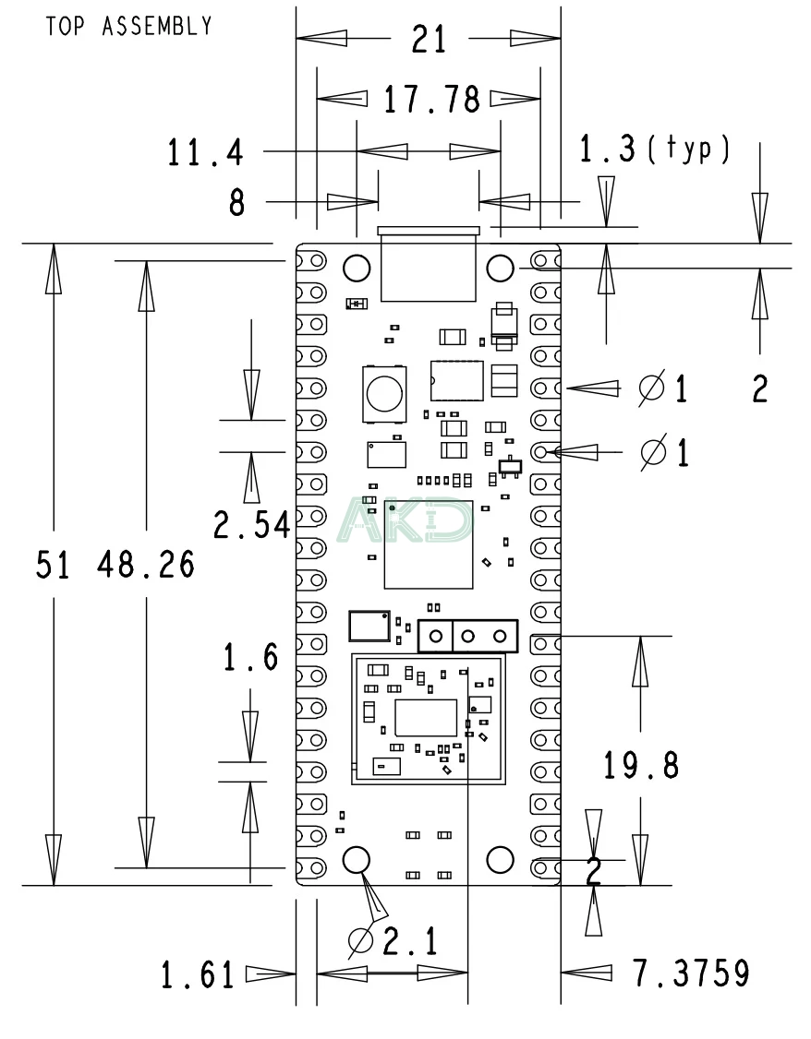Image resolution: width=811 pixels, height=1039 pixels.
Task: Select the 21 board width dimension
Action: (x=428, y=40)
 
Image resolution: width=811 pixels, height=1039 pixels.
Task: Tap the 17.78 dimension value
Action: (x=432, y=100)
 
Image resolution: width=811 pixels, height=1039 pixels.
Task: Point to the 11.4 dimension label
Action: (x=206, y=152)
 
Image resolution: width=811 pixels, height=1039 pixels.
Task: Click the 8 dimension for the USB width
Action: (x=237, y=203)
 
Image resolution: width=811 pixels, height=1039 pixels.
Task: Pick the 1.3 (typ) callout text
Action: (x=654, y=150)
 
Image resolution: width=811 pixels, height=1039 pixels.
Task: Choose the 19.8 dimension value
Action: (x=641, y=764)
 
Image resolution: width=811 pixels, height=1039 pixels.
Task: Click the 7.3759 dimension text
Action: (x=691, y=973)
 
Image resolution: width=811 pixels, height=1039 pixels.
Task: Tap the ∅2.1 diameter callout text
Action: (x=392, y=941)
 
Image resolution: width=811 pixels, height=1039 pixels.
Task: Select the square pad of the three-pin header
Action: (x=434, y=636)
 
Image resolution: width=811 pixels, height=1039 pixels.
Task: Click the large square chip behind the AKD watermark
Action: (x=428, y=544)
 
